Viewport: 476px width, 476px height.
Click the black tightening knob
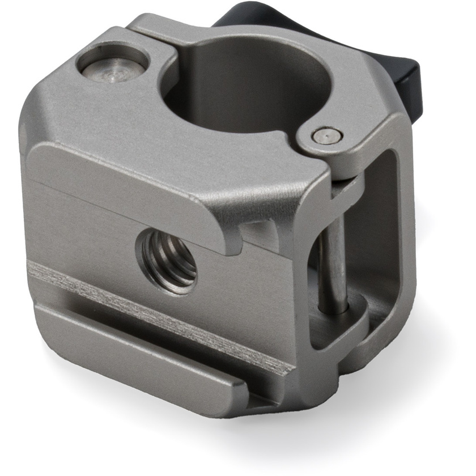click(397, 57)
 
